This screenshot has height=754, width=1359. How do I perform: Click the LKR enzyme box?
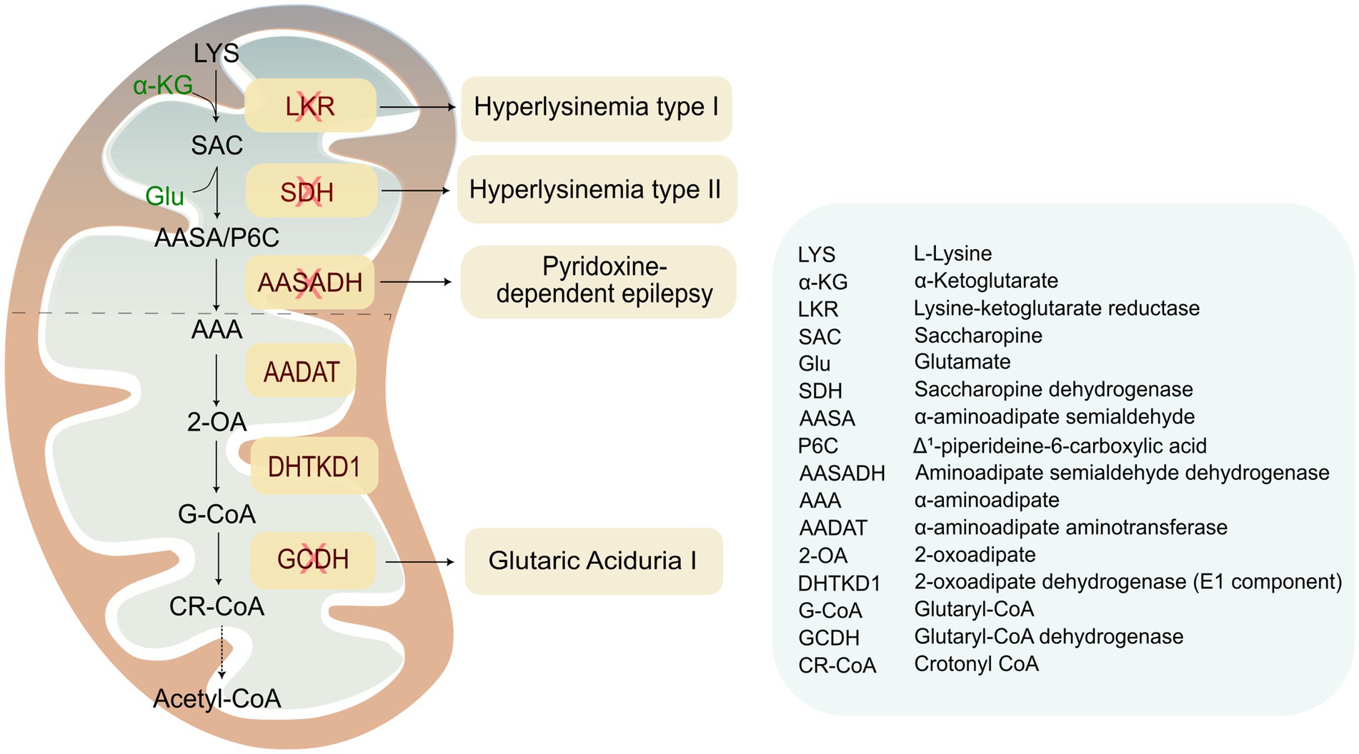310,106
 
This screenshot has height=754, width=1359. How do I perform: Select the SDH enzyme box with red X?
310,191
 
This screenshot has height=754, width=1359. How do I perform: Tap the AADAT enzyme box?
301,372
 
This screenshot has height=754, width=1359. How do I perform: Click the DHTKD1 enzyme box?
313,466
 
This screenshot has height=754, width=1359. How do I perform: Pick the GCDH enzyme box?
313,559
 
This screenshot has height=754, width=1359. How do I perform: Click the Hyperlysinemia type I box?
596,108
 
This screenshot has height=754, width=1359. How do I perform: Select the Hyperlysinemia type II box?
596,190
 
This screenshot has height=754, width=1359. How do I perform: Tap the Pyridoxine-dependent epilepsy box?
599,281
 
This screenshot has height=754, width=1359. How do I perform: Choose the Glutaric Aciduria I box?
593,561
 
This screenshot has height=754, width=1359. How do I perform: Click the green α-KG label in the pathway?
163,86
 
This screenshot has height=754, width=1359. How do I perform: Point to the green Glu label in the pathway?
164,196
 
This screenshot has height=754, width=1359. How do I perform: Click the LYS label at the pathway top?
216,53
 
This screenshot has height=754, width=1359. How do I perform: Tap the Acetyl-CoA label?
217,698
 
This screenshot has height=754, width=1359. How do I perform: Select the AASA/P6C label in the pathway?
216,237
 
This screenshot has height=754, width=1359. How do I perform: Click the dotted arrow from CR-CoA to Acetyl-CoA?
222,651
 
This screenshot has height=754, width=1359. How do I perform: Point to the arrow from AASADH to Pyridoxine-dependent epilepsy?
416,282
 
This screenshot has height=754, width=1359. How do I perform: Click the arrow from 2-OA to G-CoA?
216,466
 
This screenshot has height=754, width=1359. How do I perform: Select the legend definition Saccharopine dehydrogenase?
1053,389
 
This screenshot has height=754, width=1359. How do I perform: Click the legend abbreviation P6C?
817,446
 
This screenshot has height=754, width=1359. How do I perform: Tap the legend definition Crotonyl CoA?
976,663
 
